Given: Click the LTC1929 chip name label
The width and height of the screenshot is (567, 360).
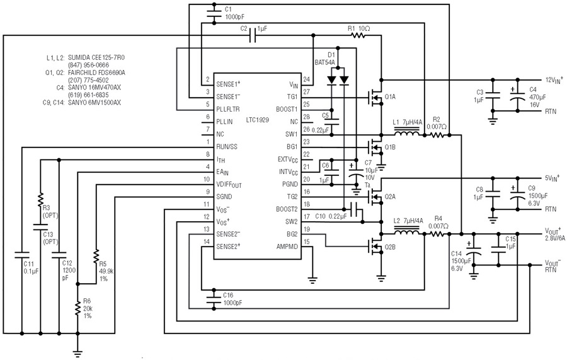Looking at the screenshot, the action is point(258,120).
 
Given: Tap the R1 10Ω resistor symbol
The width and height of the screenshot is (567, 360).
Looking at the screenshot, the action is point(358,35).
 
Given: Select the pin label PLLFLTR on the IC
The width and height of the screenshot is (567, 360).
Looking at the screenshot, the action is point(228,109).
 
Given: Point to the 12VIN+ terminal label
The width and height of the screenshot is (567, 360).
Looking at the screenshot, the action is point(554,80).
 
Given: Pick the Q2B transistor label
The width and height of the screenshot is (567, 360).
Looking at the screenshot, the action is point(390,247).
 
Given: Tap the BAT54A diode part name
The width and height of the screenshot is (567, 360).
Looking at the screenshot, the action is point(324,62).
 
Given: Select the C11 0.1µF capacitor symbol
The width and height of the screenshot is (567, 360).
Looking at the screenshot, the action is point(22,255).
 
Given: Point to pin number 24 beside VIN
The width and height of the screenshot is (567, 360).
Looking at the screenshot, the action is point(306,79).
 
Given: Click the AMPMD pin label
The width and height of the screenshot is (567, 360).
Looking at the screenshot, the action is point(287,247).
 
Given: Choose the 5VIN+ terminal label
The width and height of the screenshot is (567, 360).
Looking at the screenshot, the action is point(552,178).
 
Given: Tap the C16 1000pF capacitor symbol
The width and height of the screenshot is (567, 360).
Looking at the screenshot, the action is point(214,298).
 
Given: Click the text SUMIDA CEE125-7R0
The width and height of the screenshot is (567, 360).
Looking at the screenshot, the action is point(96,57).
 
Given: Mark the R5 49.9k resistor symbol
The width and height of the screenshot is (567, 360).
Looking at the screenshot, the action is point(96,256).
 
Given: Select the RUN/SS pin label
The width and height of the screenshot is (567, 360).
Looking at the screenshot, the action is point(227,147).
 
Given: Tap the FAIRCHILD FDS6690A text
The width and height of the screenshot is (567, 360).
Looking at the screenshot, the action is point(96,73).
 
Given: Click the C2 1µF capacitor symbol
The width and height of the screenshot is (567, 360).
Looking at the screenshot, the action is point(253,35).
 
